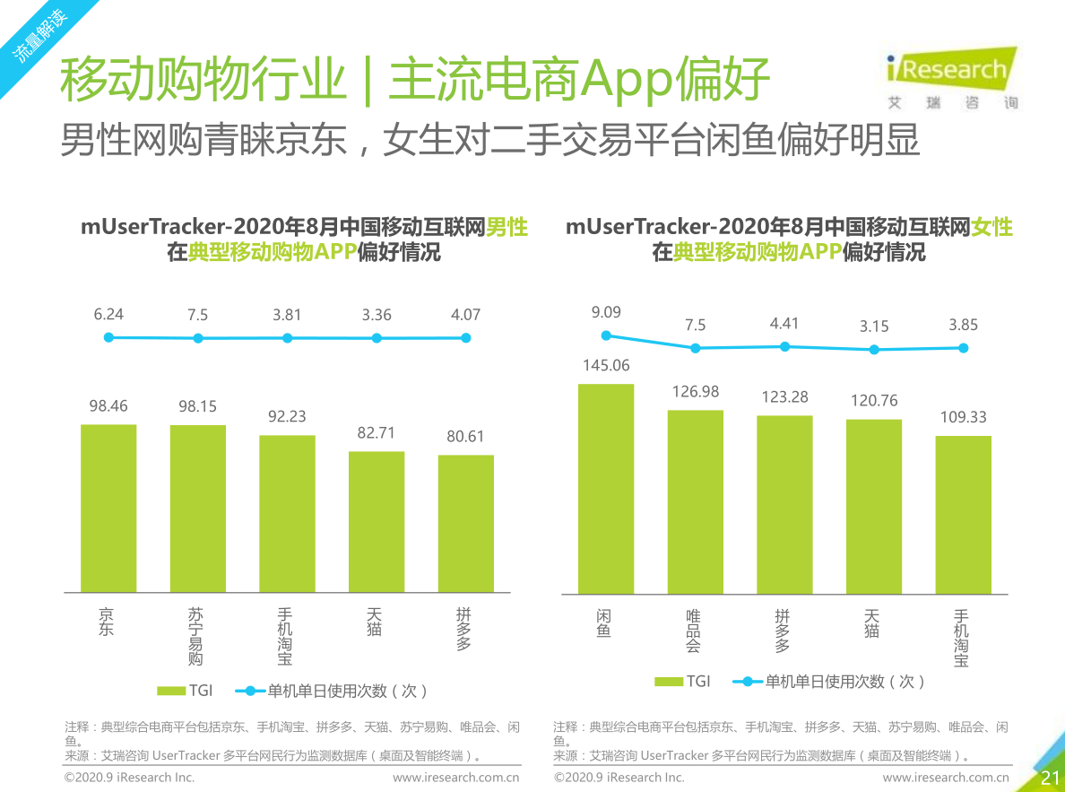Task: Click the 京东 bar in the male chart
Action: click(108, 508)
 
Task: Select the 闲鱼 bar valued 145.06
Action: click(605, 489)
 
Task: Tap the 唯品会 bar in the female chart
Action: click(695, 501)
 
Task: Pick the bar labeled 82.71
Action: click(377, 521)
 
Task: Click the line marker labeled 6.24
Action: click(108, 337)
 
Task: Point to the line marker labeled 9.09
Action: click(606, 335)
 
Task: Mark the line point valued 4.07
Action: click(465, 337)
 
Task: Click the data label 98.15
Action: click(197, 406)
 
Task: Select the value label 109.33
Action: click(963, 417)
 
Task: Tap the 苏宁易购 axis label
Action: click(195, 637)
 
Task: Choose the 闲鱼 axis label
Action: click(604, 623)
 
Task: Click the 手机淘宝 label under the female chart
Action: click(961, 638)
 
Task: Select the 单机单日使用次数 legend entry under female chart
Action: click(829, 682)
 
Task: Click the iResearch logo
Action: click(950, 76)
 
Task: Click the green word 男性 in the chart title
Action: click(507, 227)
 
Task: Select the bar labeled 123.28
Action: click(784, 504)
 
